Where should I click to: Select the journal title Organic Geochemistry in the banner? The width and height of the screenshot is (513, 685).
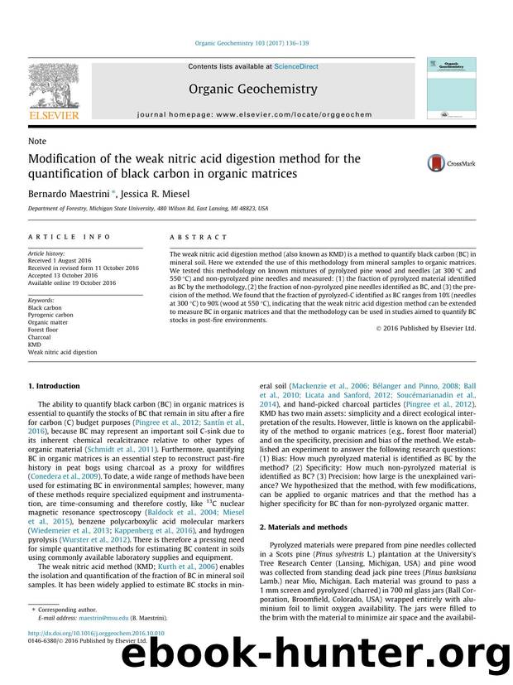(252, 89)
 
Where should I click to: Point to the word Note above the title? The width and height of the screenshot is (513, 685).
(38, 142)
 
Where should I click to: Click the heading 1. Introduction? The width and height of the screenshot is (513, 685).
(54, 386)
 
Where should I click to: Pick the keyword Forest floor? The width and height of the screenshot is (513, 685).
(45, 330)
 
